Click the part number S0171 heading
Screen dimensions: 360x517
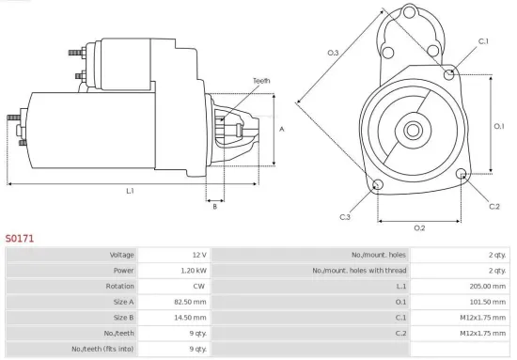click(20, 239)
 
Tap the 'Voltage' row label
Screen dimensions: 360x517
click(121, 254)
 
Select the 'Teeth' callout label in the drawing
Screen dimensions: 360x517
click(260, 81)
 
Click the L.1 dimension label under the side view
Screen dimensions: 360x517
click(130, 191)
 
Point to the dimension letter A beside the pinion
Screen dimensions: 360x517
click(283, 130)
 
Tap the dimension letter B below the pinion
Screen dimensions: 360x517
click(214, 207)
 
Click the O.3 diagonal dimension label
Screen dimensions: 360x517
click(334, 53)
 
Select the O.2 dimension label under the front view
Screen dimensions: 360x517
click(419, 227)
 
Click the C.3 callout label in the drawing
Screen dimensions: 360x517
click(345, 218)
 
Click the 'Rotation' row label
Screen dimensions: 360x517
click(119, 287)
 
